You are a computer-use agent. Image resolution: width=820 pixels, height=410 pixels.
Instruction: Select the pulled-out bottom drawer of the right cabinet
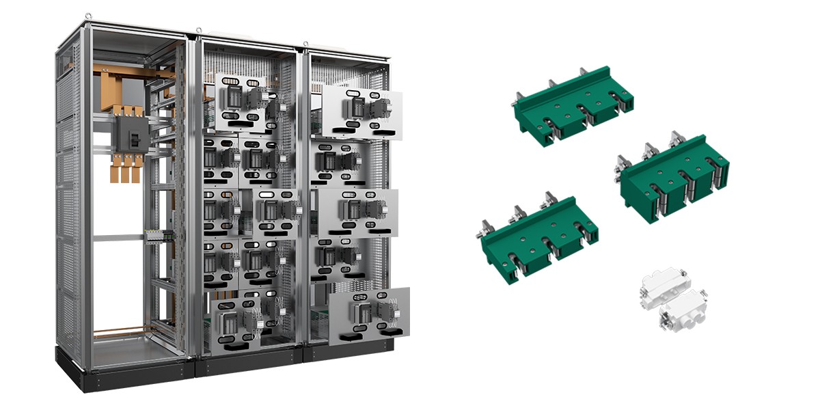(x=369, y=315)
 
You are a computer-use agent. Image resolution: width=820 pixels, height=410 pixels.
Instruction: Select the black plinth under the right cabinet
(x=348, y=350)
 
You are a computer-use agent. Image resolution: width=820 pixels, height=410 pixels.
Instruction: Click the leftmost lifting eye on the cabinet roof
(x=87, y=15)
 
